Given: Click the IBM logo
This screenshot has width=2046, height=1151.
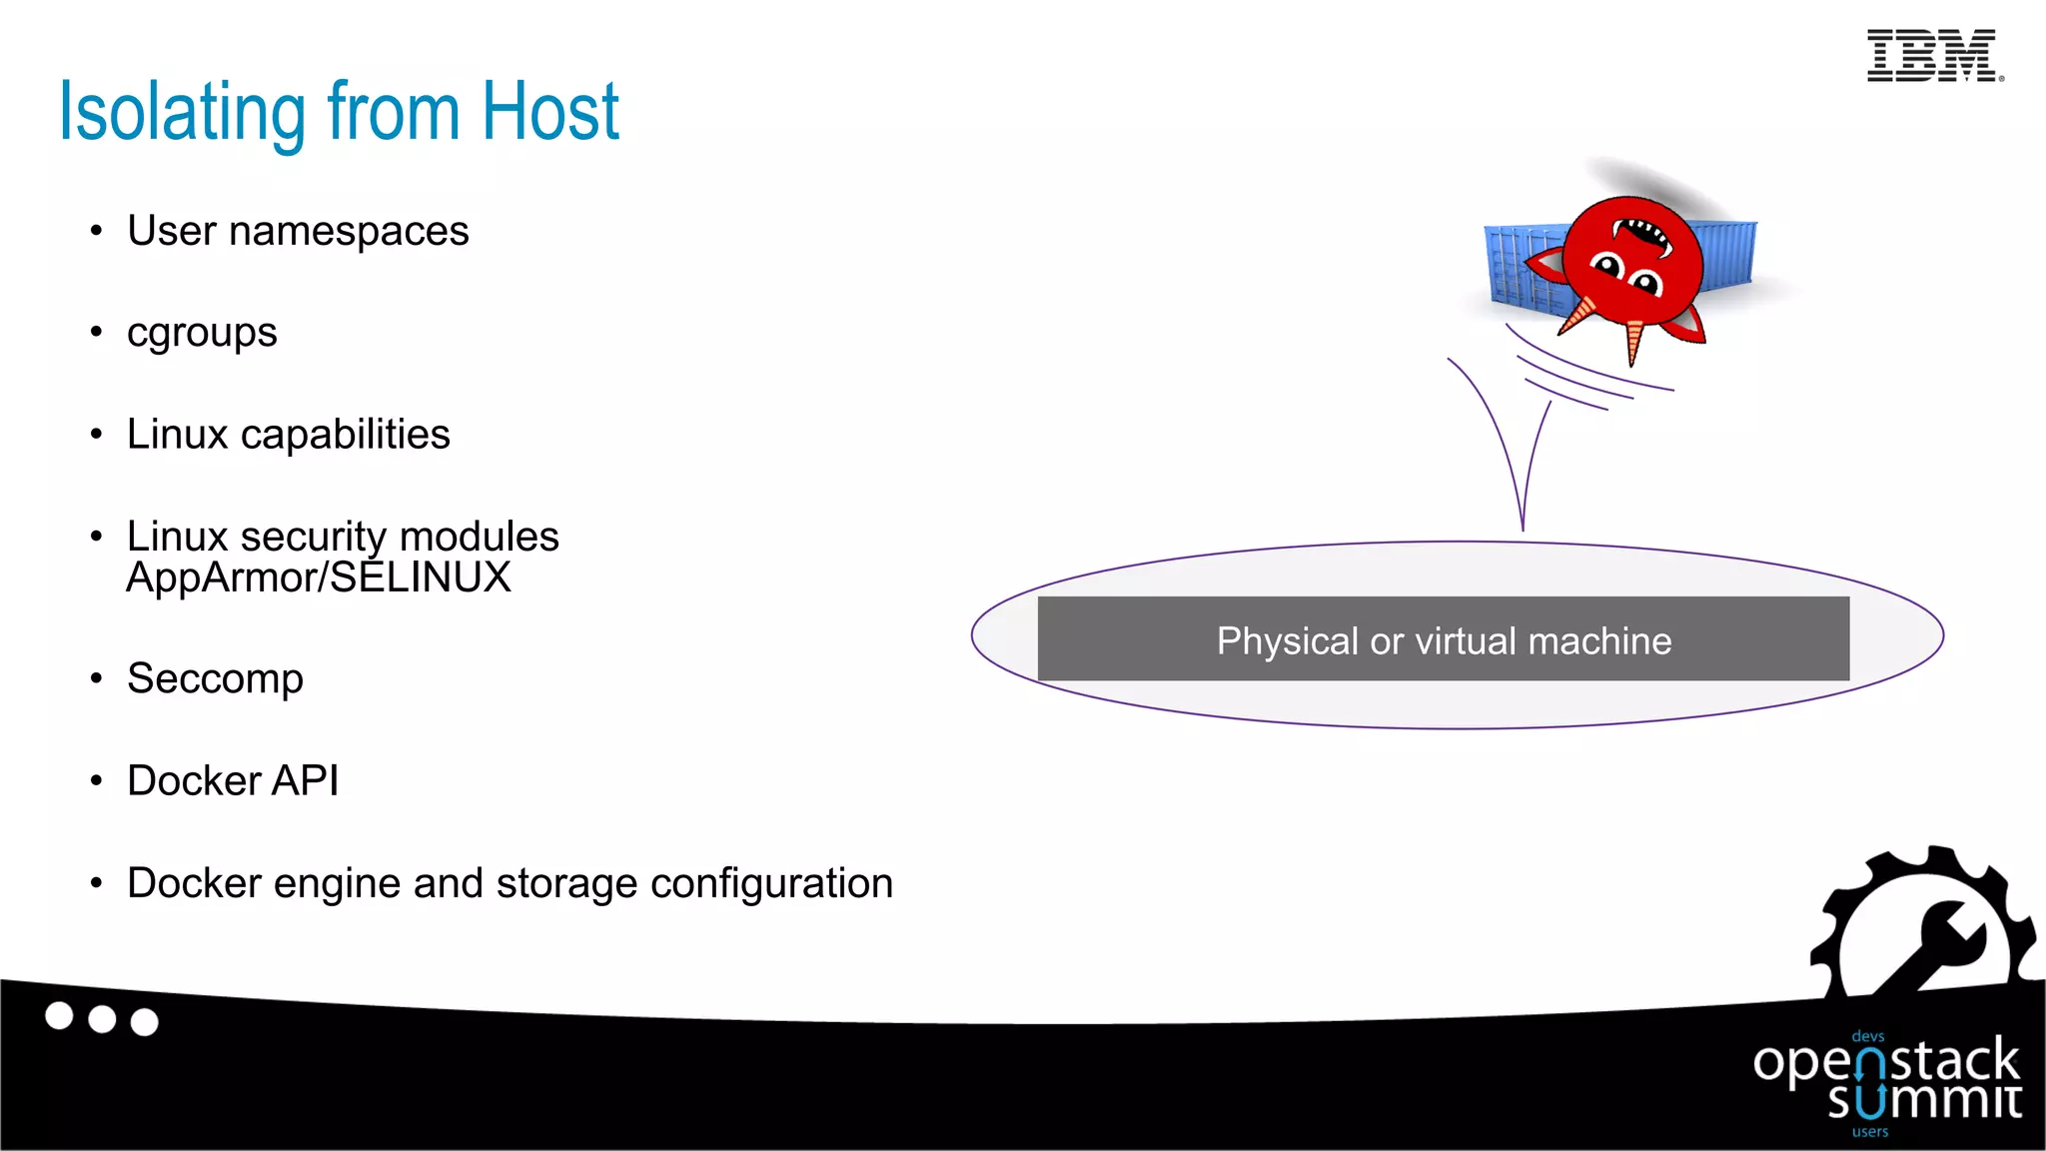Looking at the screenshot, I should [1934, 56].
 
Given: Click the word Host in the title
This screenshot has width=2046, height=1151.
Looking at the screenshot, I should [549, 112].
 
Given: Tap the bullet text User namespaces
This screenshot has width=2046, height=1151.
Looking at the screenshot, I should [298, 232].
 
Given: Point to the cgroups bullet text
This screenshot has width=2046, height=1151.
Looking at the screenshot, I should [202, 334].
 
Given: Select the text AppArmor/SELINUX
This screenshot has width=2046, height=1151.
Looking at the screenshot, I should [319, 578].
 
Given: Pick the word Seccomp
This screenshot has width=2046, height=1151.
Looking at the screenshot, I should [215, 679].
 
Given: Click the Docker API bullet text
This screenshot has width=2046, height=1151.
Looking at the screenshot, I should [233, 781].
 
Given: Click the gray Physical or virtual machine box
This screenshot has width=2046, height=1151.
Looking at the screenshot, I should [1443, 639].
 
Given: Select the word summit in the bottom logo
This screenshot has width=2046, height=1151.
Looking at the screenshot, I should [1924, 1102].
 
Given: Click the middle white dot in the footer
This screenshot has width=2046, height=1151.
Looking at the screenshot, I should [102, 1019].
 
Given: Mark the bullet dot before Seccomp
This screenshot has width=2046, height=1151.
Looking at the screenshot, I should [96, 679].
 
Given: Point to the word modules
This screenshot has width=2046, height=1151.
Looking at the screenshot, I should [479, 538].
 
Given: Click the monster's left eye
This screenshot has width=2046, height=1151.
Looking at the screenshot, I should [1607, 266].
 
